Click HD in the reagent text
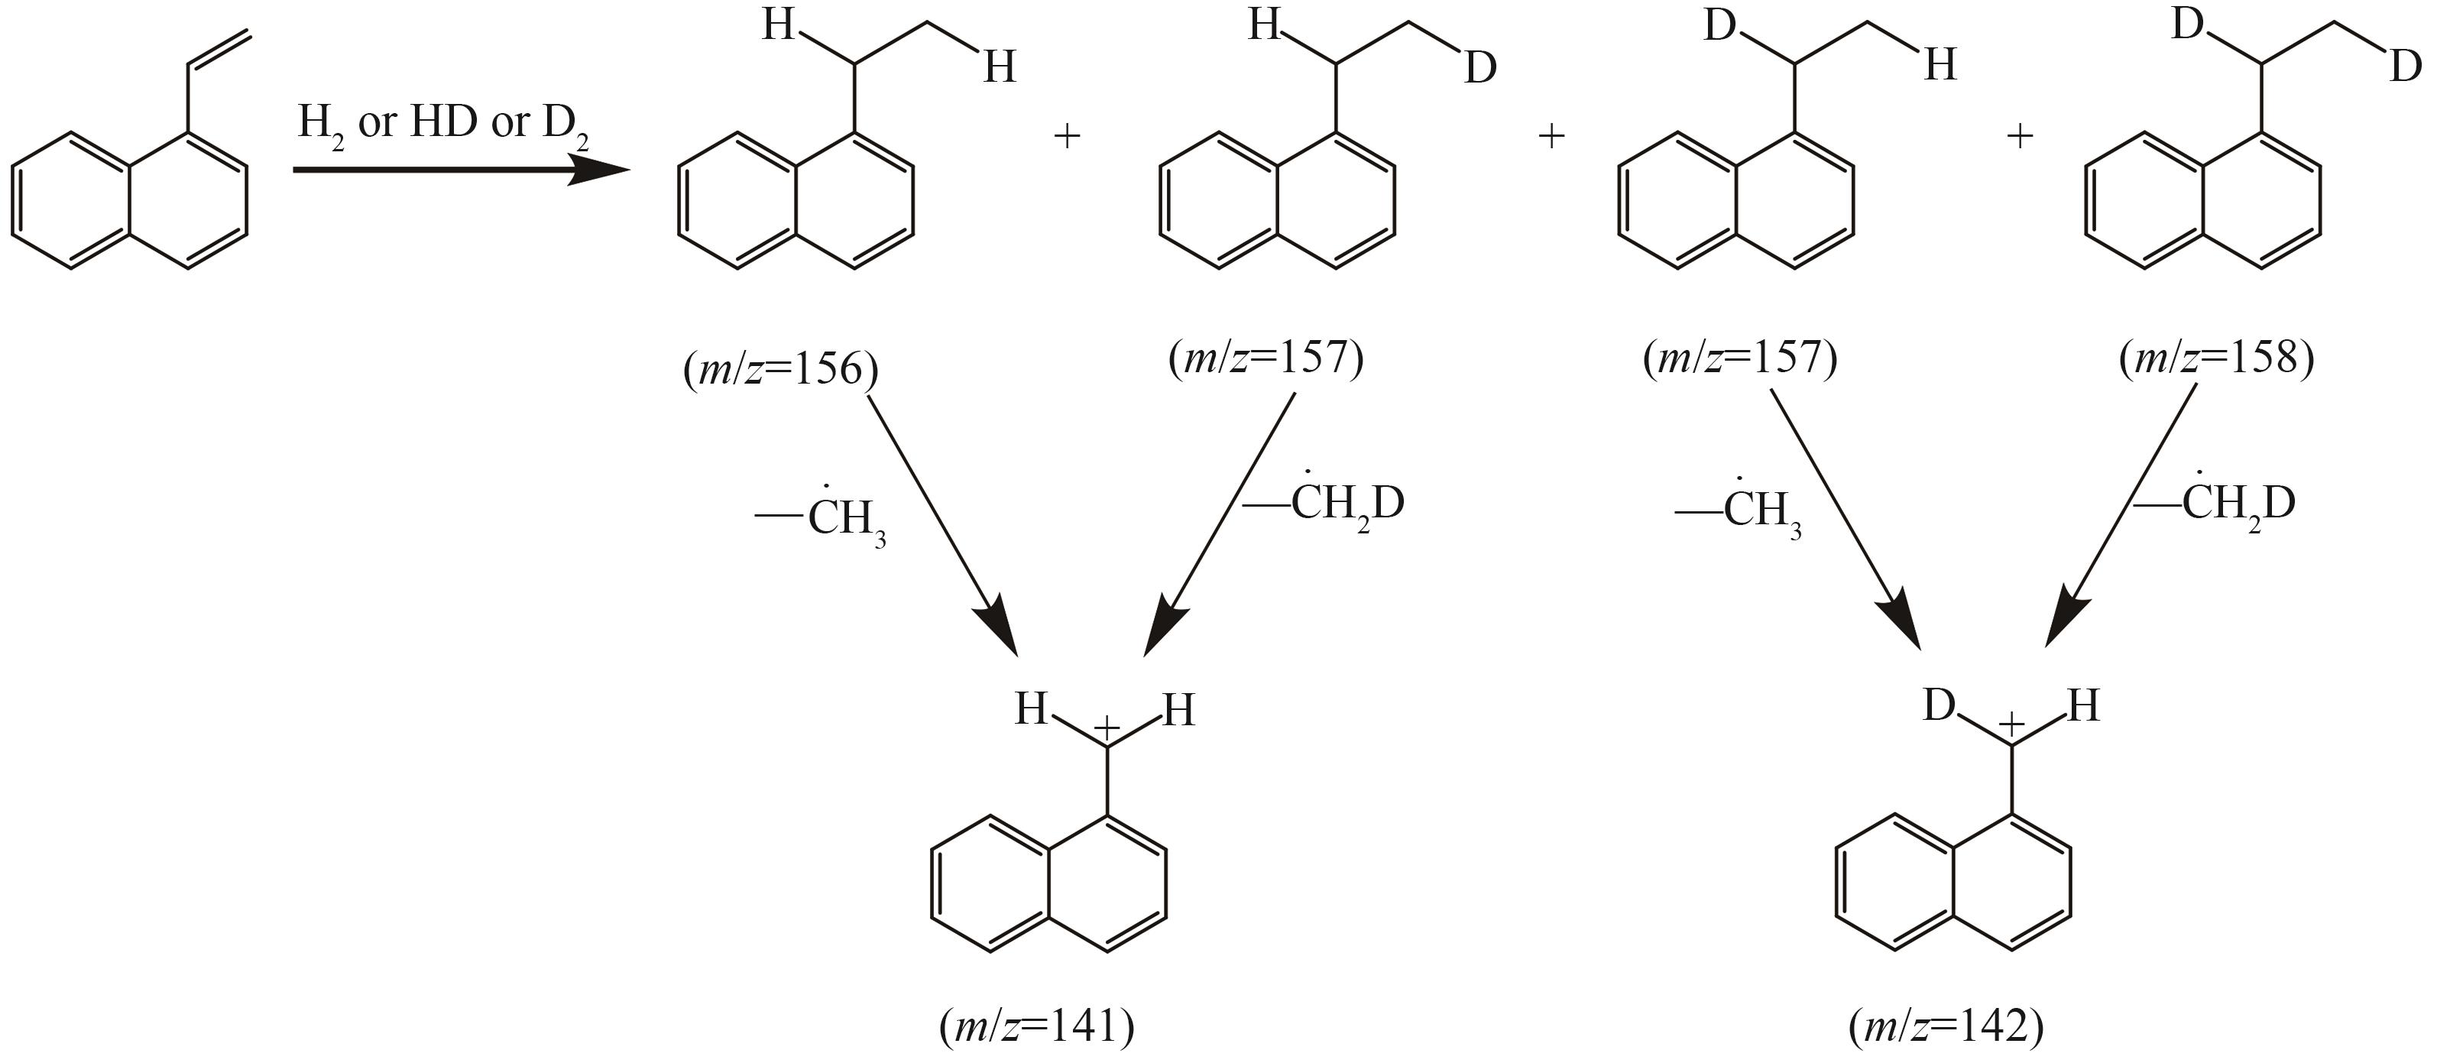[444, 123]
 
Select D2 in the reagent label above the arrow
[565, 127]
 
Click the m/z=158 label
[2217, 358]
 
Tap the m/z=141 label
[1037, 1026]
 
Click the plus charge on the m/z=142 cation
[2011, 724]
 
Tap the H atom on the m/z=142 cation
[2084, 705]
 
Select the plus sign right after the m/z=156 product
[1066, 136]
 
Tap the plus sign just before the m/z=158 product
[2020, 136]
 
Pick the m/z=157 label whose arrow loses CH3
[1741, 358]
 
